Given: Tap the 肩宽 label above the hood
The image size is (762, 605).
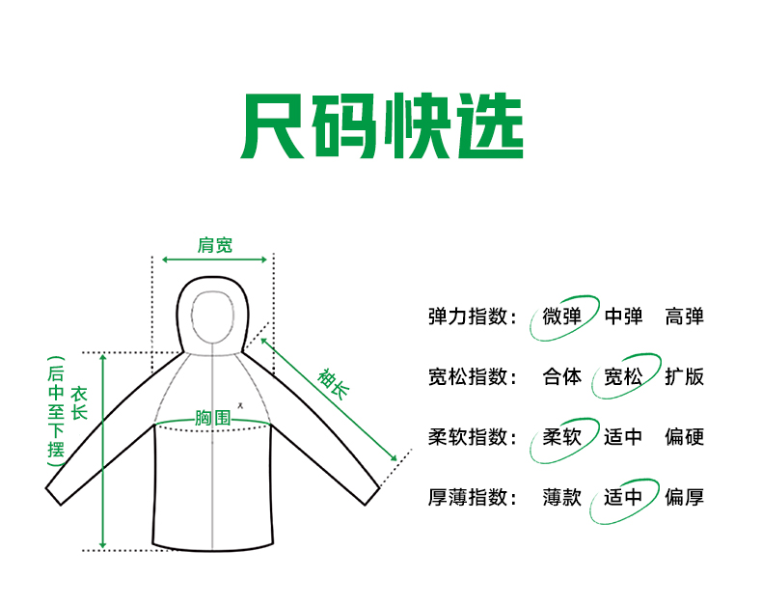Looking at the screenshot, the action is point(214,245).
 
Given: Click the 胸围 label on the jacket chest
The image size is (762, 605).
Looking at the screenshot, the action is point(212,418).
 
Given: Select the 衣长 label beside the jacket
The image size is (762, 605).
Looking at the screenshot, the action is point(79,402).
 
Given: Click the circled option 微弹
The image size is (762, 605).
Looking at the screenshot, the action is point(562,316).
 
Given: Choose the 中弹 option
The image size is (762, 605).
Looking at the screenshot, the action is point(623,316).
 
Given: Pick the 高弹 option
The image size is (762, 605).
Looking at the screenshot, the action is point(684,316).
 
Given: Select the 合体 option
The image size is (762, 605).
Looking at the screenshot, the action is point(562,376).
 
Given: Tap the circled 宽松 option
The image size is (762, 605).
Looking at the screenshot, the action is point(623,376).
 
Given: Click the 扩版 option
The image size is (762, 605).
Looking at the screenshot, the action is point(684,376).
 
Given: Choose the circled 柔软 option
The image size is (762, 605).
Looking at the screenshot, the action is point(562,437).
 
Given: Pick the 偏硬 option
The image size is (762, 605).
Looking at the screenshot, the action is point(684,437).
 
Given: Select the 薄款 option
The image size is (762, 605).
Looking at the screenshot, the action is point(562,498).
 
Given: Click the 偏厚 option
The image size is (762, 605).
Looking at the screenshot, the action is point(684,498).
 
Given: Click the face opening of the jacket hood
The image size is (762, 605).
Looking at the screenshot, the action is point(212,315).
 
